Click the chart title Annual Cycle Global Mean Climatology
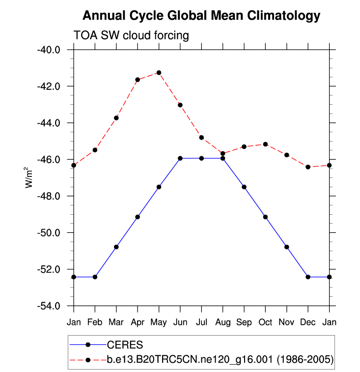(201, 16)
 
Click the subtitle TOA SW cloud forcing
(131, 35)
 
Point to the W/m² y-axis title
(30, 177)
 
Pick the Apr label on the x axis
(138, 322)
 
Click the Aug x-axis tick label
(223, 322)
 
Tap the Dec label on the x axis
(308, 322)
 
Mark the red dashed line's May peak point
(159, 73)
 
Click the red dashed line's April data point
(138, 80)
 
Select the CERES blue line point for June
(180, 158)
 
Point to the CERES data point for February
(95, 277)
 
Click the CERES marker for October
(266, 217)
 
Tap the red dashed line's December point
(308, 167)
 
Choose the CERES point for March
(116, 247)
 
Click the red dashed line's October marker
(266, 144)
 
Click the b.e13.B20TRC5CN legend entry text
(220, 360)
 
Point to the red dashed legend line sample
(88, 360)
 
